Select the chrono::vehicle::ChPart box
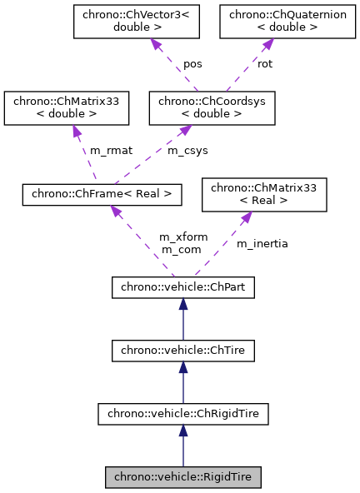[182, 288]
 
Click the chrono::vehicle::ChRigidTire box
[182, 413]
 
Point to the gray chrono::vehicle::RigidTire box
[182, 477]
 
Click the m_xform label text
[179, 237]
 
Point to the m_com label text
[177, 249]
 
